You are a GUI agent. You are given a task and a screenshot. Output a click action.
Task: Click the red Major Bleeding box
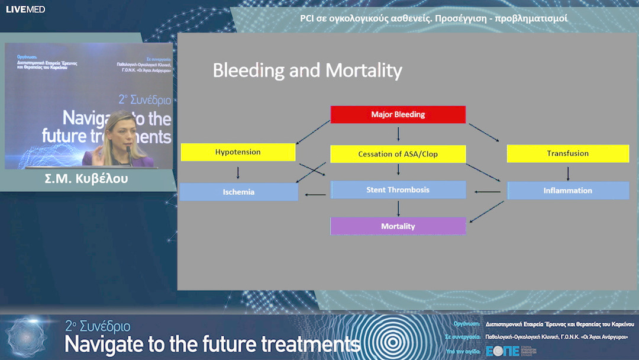398,114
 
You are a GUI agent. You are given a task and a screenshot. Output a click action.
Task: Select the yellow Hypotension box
238,152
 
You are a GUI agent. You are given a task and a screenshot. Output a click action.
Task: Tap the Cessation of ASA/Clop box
398,154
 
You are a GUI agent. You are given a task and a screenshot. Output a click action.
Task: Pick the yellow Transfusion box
567,153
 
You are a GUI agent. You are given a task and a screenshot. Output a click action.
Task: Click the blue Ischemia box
238,192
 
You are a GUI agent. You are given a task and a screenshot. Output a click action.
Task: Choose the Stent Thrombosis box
398,190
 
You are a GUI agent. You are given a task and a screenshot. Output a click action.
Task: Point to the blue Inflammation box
567,191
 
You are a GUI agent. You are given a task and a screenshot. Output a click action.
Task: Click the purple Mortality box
398,226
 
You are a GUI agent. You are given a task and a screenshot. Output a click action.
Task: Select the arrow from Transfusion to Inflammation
568,173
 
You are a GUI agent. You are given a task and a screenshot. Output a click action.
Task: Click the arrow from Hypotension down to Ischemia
238,172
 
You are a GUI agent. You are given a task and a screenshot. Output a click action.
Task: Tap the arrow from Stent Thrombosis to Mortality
398,208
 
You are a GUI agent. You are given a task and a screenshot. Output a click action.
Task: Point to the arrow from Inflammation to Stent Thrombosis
487,191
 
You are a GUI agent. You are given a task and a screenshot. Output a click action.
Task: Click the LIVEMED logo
25,9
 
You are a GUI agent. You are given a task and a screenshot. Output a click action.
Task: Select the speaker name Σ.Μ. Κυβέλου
86,178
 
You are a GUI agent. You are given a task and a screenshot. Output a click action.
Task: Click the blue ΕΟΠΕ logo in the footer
502,351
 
